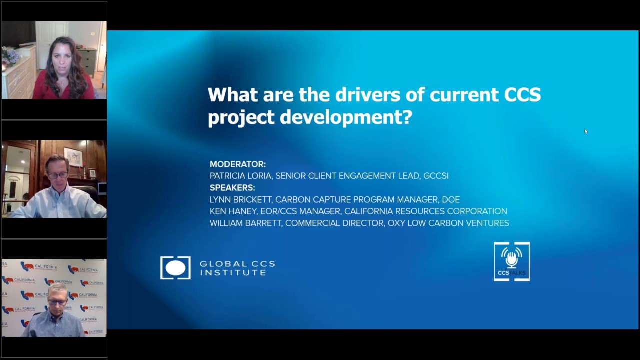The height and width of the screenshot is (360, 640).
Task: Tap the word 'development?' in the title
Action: pos(346,117)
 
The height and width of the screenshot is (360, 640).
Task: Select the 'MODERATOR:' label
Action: pos(238,164)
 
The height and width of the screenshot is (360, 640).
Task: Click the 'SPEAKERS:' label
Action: pos(232,188)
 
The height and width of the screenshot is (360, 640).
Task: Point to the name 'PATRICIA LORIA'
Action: pos(240,176)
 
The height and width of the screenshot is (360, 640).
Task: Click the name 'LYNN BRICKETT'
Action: pos(240,200)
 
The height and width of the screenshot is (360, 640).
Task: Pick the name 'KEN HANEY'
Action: pos(233,211)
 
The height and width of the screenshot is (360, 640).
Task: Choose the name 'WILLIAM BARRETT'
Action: pos(245,223)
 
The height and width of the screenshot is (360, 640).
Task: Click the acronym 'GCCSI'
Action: pos(436,176)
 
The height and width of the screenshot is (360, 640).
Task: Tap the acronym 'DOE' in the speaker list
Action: pos(450,200)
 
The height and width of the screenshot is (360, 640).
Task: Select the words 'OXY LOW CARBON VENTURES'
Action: pos(448,223)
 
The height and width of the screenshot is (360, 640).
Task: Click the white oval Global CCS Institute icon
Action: pos(175,268)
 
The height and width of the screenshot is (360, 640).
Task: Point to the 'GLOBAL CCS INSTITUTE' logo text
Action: pos(237,268)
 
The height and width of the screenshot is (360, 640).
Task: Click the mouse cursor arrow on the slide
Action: pos(585,131)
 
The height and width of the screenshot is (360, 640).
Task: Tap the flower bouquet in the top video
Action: pos(9,55)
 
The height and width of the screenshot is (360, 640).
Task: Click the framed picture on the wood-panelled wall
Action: pos(73,157)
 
